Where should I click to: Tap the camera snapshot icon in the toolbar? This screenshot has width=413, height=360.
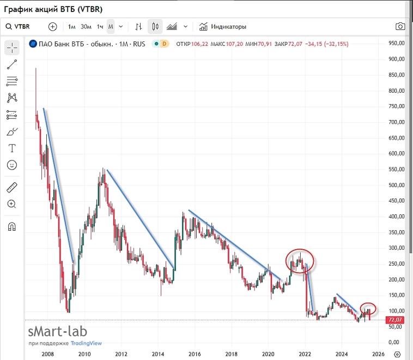tap(400, 26)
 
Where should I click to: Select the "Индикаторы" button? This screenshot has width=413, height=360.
tap(223, 26)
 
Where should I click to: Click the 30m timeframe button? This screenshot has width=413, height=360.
tap(86, 26)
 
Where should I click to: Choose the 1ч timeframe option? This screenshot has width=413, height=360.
tap(100, 26)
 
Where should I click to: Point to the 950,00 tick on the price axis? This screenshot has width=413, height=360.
tap(397, 43)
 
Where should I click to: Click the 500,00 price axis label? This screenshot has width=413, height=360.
tap(397, 185)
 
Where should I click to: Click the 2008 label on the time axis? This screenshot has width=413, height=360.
tap(47, 353)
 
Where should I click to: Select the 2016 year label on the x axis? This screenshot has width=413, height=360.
tap(194, 353)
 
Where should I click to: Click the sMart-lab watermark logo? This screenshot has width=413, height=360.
tap(57, 332)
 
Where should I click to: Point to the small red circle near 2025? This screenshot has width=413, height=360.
tap(368, 309)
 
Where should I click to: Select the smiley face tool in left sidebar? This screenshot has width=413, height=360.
tap(12, 164)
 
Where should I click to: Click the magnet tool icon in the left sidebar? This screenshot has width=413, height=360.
tap(12, 226)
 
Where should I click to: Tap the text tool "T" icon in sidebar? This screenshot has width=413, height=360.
tap(12, 148)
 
